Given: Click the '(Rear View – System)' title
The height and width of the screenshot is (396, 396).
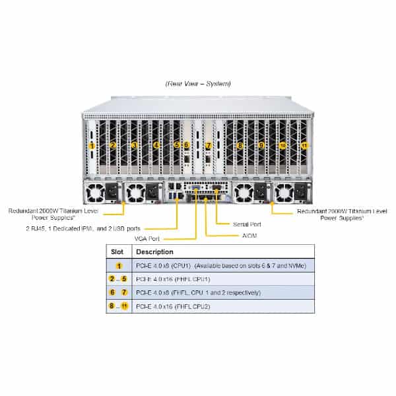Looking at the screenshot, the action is (x=198, y=84).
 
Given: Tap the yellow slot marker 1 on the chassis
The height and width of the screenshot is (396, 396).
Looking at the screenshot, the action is (x=92, y=146).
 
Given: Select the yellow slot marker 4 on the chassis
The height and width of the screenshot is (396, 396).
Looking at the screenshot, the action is (x=156, y=145).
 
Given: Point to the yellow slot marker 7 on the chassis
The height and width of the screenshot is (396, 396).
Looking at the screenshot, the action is (x=209, y=145).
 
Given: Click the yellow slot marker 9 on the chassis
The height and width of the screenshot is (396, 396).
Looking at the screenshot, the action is (x=261, y=145).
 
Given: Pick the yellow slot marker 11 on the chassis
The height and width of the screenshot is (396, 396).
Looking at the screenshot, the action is (x=304, y=146).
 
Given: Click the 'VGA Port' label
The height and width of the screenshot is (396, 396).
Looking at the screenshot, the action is (x=147, y=239).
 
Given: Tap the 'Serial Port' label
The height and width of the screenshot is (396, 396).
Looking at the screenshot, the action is (x=247, y=224).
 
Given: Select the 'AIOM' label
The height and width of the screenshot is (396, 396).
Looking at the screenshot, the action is (x=249, y=236).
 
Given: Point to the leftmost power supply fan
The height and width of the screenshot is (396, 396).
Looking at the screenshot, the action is (x=95, y=193).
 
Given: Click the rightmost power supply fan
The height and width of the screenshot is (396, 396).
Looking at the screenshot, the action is (x=284, y=193).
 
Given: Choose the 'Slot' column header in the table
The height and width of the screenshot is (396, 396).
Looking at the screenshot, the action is (x=117, y=252).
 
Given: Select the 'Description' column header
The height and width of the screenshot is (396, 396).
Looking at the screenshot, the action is (x=154, y=252).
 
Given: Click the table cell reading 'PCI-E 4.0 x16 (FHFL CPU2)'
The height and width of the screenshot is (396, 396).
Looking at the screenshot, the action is (x=173, y=307).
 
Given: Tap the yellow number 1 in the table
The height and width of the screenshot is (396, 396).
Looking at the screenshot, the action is (x=119, y=266).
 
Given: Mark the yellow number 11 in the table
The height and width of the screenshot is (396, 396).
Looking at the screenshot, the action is (x=124, y=306).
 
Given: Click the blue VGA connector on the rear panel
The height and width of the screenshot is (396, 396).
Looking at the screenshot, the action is (x=196, y=187).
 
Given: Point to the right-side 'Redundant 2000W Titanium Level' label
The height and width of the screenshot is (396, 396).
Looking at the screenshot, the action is (x=342, y=211).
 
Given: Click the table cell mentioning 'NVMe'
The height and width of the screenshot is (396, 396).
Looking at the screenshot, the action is (x=221, y=266).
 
